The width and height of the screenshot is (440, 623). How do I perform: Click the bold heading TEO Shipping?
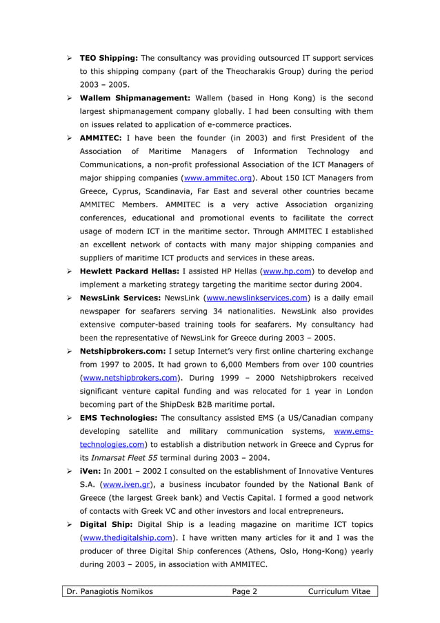click(108, 57)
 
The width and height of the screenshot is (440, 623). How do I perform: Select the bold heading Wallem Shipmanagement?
click(135, 97)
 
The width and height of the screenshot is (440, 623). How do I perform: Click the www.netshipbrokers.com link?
click(130, 378)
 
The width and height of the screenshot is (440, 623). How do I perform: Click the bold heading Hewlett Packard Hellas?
click(130, 271)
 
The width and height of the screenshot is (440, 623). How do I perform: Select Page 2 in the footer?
click(244, 591)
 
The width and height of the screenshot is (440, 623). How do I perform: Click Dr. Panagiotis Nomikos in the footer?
click(109, 591)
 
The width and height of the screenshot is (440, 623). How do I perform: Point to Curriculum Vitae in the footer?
click(339, 591)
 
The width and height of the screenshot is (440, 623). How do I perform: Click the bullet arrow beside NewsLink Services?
click(70, 298)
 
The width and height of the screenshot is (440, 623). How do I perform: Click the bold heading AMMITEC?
click(101, 137)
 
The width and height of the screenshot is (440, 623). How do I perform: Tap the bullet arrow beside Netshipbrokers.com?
click(70, 352)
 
